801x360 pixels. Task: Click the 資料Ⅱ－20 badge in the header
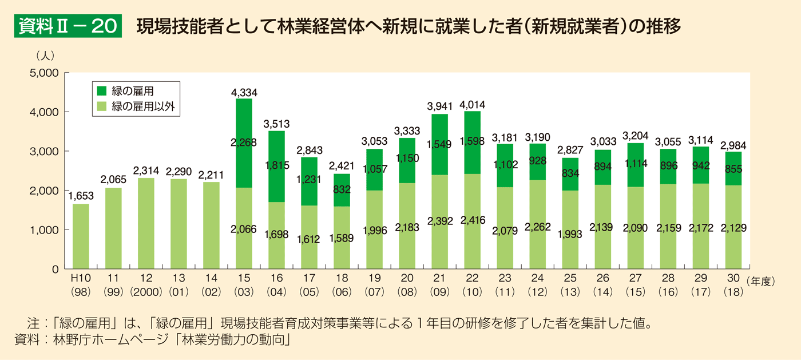pyautogui.click(x=68, y=27)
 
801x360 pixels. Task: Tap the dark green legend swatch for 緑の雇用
pyautogui.click(x=102, y=90)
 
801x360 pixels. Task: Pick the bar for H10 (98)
pyautogui.click(x=81, y=236)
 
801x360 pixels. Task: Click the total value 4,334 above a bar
pyautogui.click(x=244, y=92)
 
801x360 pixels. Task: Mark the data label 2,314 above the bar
pyautogui.click(x=146, y=171)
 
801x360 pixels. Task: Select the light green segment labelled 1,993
pyautogui.click(x=570, y=229)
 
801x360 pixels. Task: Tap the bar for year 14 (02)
pyautogui.click(x=211, y=225)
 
